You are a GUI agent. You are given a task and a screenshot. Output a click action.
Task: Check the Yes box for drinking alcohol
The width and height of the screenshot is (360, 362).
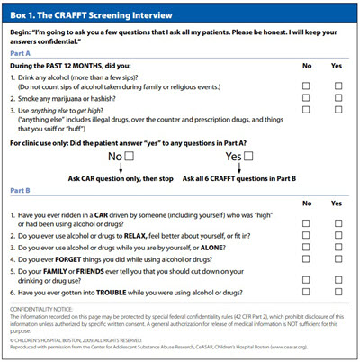pos(337,86)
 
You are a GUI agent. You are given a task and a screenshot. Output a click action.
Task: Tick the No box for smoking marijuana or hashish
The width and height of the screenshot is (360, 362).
pos(307,98)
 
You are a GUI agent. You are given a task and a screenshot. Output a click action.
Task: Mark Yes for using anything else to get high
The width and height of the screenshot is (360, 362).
pos(337,110)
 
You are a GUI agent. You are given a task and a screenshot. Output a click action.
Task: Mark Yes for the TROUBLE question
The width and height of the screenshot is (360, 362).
pos(337,293)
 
